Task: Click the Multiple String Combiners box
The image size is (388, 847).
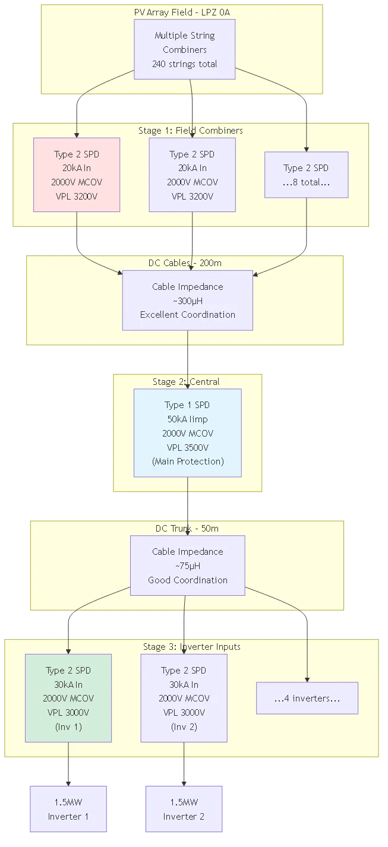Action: coord(184,49)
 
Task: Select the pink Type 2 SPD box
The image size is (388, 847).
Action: coord(77,175)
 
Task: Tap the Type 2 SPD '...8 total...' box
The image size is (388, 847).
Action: coord(306,175)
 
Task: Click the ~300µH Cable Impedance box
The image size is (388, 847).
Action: coord(187,300)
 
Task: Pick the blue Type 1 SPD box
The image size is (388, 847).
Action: coord(187,432)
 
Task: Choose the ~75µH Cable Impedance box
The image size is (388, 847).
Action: coord(187,565)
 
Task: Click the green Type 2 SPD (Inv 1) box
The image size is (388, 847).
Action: coord(68,698)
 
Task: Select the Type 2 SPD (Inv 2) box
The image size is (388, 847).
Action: coord(184,698)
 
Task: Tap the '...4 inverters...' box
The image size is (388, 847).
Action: coord(307,698)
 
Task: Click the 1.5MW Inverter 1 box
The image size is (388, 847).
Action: coord(68,810)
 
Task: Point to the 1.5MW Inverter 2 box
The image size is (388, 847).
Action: coord(184,810)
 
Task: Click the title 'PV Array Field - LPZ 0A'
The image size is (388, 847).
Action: coord(181,12)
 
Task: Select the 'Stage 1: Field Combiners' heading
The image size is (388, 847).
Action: coord(190,131)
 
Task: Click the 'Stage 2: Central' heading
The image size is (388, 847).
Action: coord(186,382)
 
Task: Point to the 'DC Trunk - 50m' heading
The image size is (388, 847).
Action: coord(187,529)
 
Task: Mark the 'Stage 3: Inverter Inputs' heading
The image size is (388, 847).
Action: coord(192,646)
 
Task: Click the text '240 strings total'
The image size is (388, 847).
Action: coord(184,64)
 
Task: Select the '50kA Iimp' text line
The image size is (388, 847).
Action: coord(187,419)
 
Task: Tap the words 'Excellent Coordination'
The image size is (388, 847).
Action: coord(187,315)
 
